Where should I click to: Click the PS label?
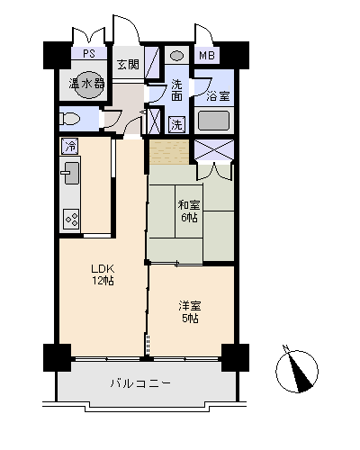point(89,54)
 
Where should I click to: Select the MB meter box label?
point(207,55)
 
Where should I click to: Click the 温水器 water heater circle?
point(87,84)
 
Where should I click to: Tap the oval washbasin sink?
point(176,56)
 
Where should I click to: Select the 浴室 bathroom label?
point(217,94)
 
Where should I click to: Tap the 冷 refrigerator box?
point(69,146)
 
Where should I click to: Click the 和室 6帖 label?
point(188,211)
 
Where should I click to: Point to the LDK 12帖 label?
point(102,273)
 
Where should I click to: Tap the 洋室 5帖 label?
point(188,310)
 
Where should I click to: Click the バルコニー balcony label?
point(141,382)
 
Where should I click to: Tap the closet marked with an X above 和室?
point(214,150)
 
